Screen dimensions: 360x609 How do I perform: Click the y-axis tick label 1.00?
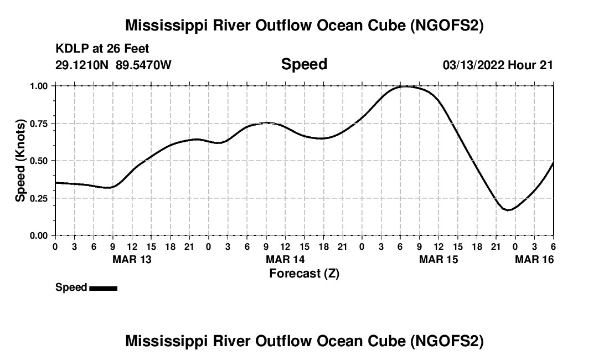39,86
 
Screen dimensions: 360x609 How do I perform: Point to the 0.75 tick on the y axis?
39,123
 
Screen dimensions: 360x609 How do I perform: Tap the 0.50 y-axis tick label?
39,161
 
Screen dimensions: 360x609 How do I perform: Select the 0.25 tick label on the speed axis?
39,198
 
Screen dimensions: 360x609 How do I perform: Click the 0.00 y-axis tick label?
39,235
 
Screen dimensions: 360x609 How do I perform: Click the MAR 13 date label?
132,259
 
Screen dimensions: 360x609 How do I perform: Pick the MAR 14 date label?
285,259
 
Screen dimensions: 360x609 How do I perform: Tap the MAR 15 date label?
438,259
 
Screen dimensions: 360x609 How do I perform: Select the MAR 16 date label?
534,259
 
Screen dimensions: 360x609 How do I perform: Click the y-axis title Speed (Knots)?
20,161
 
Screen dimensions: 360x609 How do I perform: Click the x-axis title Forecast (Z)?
304,273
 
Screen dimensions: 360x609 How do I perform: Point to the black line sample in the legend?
103,288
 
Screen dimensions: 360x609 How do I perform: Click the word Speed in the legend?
71,287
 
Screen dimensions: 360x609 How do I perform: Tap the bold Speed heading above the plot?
304,64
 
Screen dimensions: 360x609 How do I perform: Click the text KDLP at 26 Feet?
102,49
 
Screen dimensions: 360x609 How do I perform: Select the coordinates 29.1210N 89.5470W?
113,65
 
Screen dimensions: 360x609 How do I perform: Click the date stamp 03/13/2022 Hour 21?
498,65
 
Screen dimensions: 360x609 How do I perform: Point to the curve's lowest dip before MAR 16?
508,210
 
